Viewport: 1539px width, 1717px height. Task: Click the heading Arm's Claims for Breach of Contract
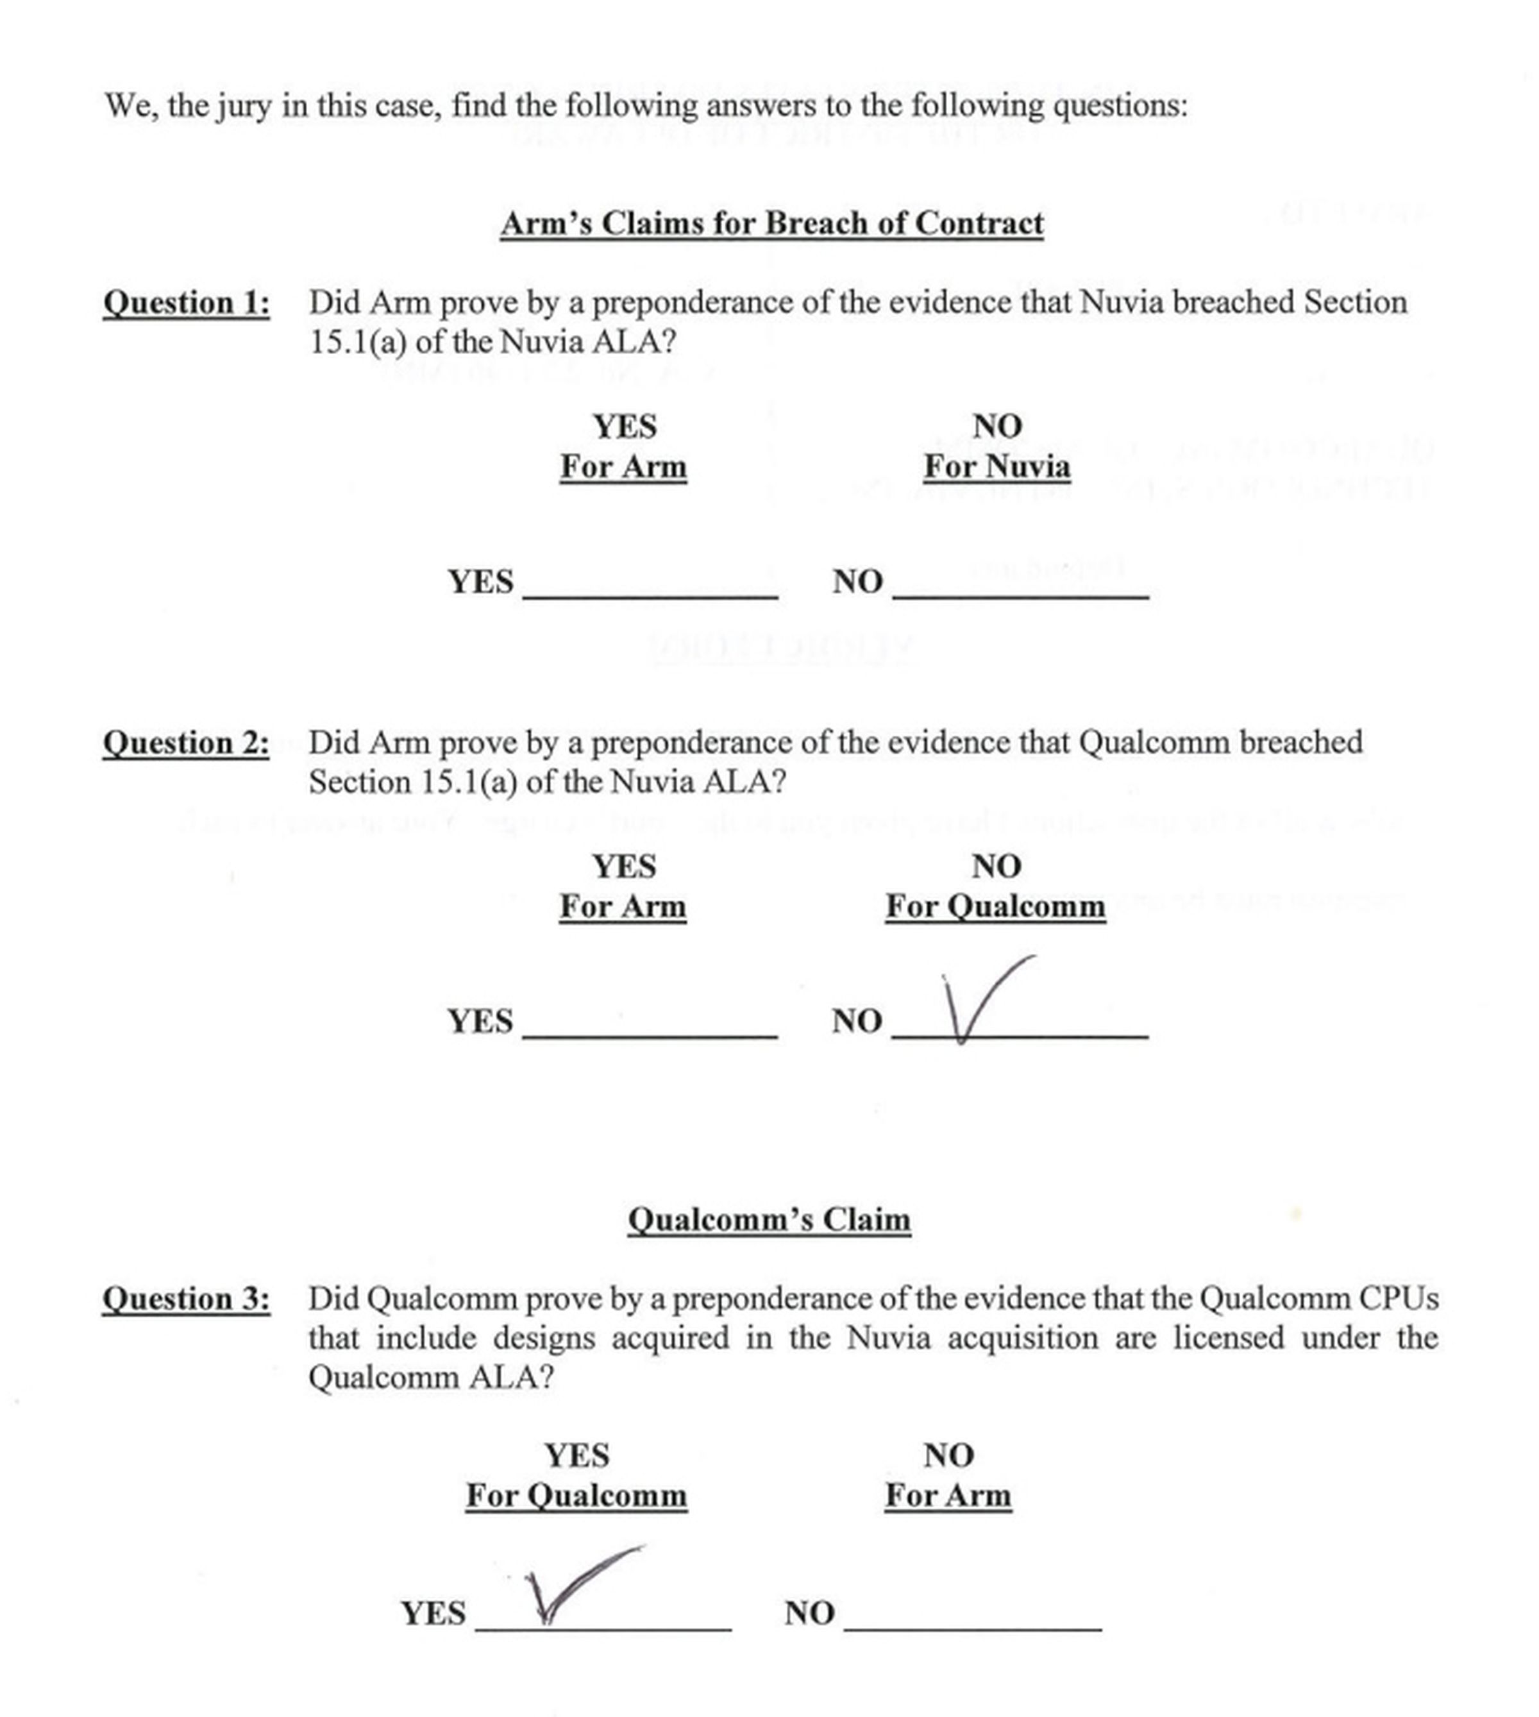[771, 223]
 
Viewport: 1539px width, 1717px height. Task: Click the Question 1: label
[186, 303]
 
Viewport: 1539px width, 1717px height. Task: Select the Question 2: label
[186, 743]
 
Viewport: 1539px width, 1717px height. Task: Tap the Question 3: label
[186, 1298]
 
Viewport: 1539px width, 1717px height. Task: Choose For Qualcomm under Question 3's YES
[576, 1495]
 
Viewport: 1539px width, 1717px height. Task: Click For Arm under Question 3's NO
[947, 1495]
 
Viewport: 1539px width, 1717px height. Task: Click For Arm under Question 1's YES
[623, 467]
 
